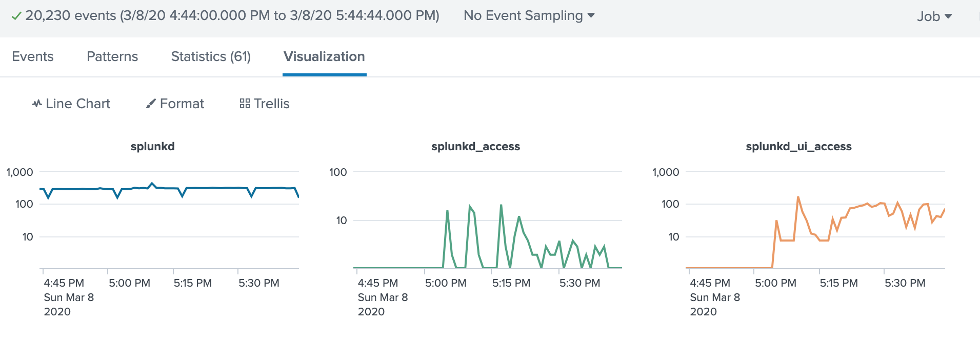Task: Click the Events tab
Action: click(32, 56)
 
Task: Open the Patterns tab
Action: click(112, 56)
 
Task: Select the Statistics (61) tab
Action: click(211, 56)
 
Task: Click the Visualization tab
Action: click(324, 56)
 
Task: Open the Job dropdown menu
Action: click(934, 16)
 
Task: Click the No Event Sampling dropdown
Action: click(529, 15)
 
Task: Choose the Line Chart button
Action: click(71, 104)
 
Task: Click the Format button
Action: click(175, 104)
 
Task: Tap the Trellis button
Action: click(265, 104)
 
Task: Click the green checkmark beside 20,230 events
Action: click(16, 16)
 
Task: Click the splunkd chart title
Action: click(152, 147)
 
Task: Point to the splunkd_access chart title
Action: click(475, 147)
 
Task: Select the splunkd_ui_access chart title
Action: click(798, 147)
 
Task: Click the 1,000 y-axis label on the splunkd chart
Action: click(19, 172)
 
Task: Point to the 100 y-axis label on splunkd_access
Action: click(338, 172)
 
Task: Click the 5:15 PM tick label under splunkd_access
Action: click(511, 283)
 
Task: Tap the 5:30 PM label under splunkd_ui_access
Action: click(905, 283)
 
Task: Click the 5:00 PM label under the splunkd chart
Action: click(129, 283)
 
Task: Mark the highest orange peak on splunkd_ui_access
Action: click(798, 197)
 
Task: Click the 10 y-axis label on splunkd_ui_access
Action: click(673, 237)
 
